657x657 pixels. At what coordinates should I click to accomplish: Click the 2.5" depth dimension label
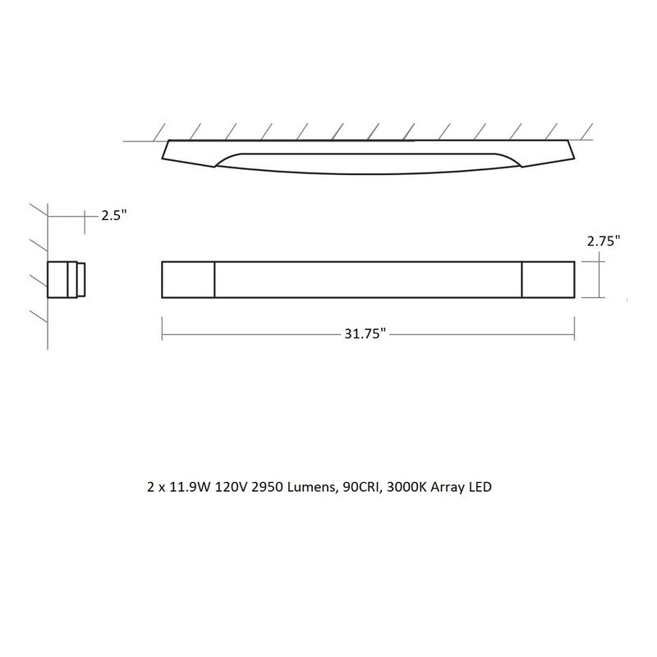(x=113, y=216)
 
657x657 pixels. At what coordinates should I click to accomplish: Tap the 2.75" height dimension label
(x=603, y=241)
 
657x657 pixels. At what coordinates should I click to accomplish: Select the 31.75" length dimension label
(x=365, y=334)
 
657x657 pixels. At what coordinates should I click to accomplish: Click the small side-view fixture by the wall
(x=64, y=279)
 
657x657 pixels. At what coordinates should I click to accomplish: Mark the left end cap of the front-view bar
(x=188, y=279)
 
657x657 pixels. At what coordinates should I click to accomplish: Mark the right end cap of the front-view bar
(x=548, y=279)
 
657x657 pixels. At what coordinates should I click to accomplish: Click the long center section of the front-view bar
(x=368, y=279)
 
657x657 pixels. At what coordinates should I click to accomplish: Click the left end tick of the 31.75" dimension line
(x=163, y=333)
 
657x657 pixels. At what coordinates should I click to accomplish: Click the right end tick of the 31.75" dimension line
(x=574, y=333)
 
